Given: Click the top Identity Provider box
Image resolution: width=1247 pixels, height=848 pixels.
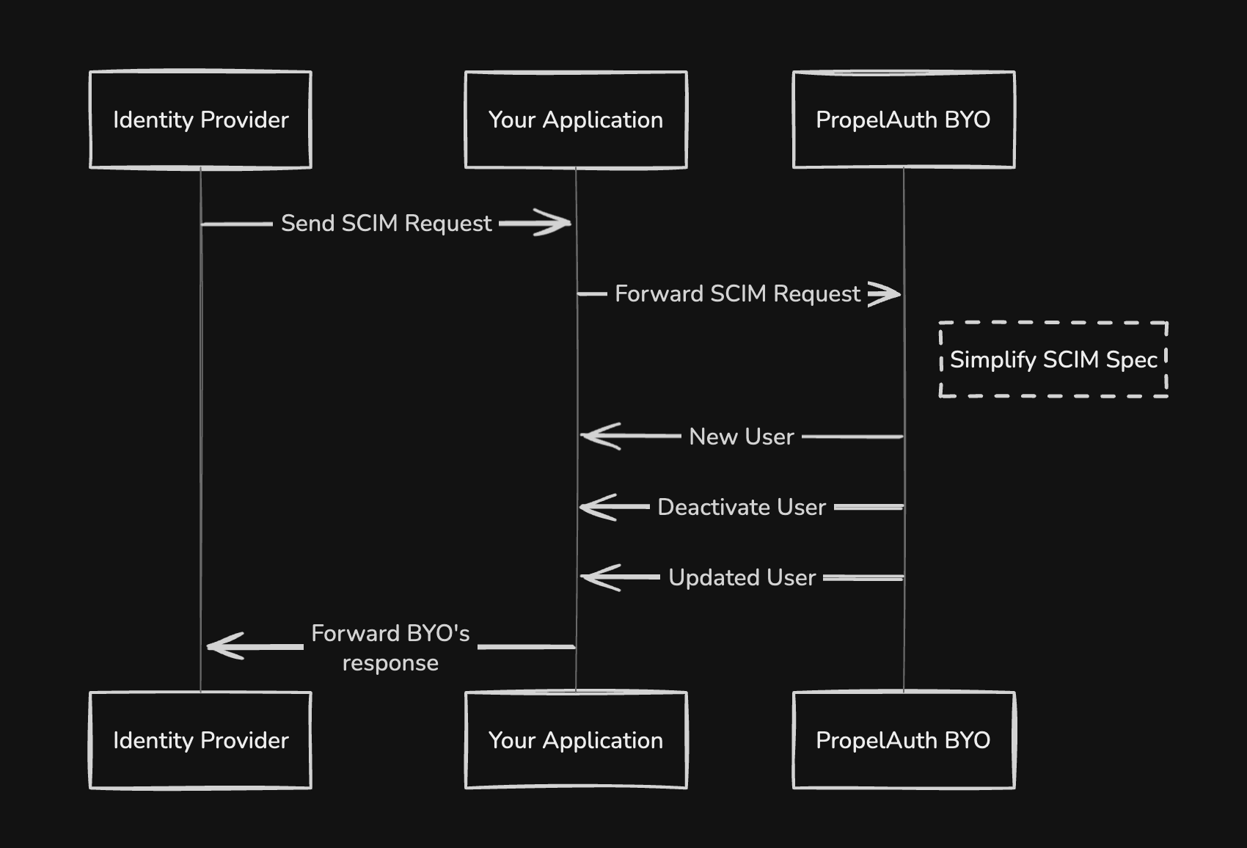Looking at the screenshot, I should (200, 120).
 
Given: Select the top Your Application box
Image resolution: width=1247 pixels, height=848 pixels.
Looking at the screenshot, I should (576, 120).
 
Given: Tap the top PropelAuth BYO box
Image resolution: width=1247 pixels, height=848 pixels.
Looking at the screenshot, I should (904, 120).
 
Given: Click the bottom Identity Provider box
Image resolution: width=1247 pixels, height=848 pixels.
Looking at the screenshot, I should (200, 740).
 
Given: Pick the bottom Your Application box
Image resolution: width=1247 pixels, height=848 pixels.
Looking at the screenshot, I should (576, 740).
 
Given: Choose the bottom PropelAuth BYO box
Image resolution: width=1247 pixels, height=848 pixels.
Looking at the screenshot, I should (904, 740).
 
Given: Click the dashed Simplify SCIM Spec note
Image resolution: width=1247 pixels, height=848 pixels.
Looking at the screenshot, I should (1053, 359).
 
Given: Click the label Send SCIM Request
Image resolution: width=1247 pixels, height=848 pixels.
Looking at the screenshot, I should (386, 223).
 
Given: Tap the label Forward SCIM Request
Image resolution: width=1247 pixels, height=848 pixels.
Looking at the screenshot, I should (737, 294).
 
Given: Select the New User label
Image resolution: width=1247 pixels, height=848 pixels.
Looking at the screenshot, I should (742, 436).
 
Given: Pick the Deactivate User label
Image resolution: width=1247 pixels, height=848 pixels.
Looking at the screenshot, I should (742, 507).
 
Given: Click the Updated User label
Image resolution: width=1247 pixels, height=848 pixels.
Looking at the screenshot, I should (742, 577).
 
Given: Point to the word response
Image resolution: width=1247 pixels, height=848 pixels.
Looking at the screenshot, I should (390, 663).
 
